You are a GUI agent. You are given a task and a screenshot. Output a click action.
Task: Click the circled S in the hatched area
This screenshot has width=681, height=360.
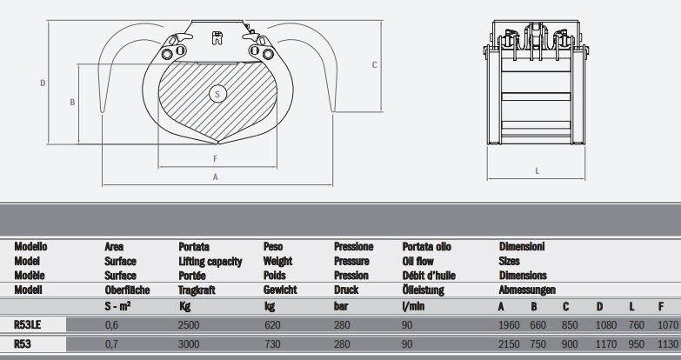click(218, 92)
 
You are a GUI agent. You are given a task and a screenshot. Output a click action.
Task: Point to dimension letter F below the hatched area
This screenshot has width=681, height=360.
click(215, 158)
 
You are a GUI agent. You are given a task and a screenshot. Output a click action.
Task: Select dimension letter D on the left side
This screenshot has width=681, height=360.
click(43, 83)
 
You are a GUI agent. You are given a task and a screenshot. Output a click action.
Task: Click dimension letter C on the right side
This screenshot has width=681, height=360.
click(374, 64)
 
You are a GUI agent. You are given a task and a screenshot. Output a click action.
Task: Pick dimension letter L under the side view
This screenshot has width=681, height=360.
click(537, 170)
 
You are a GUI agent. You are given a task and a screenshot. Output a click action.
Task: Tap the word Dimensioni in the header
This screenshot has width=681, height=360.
click(522, 247)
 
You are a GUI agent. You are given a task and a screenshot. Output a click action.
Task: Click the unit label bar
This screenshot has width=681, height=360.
click(341, 305)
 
